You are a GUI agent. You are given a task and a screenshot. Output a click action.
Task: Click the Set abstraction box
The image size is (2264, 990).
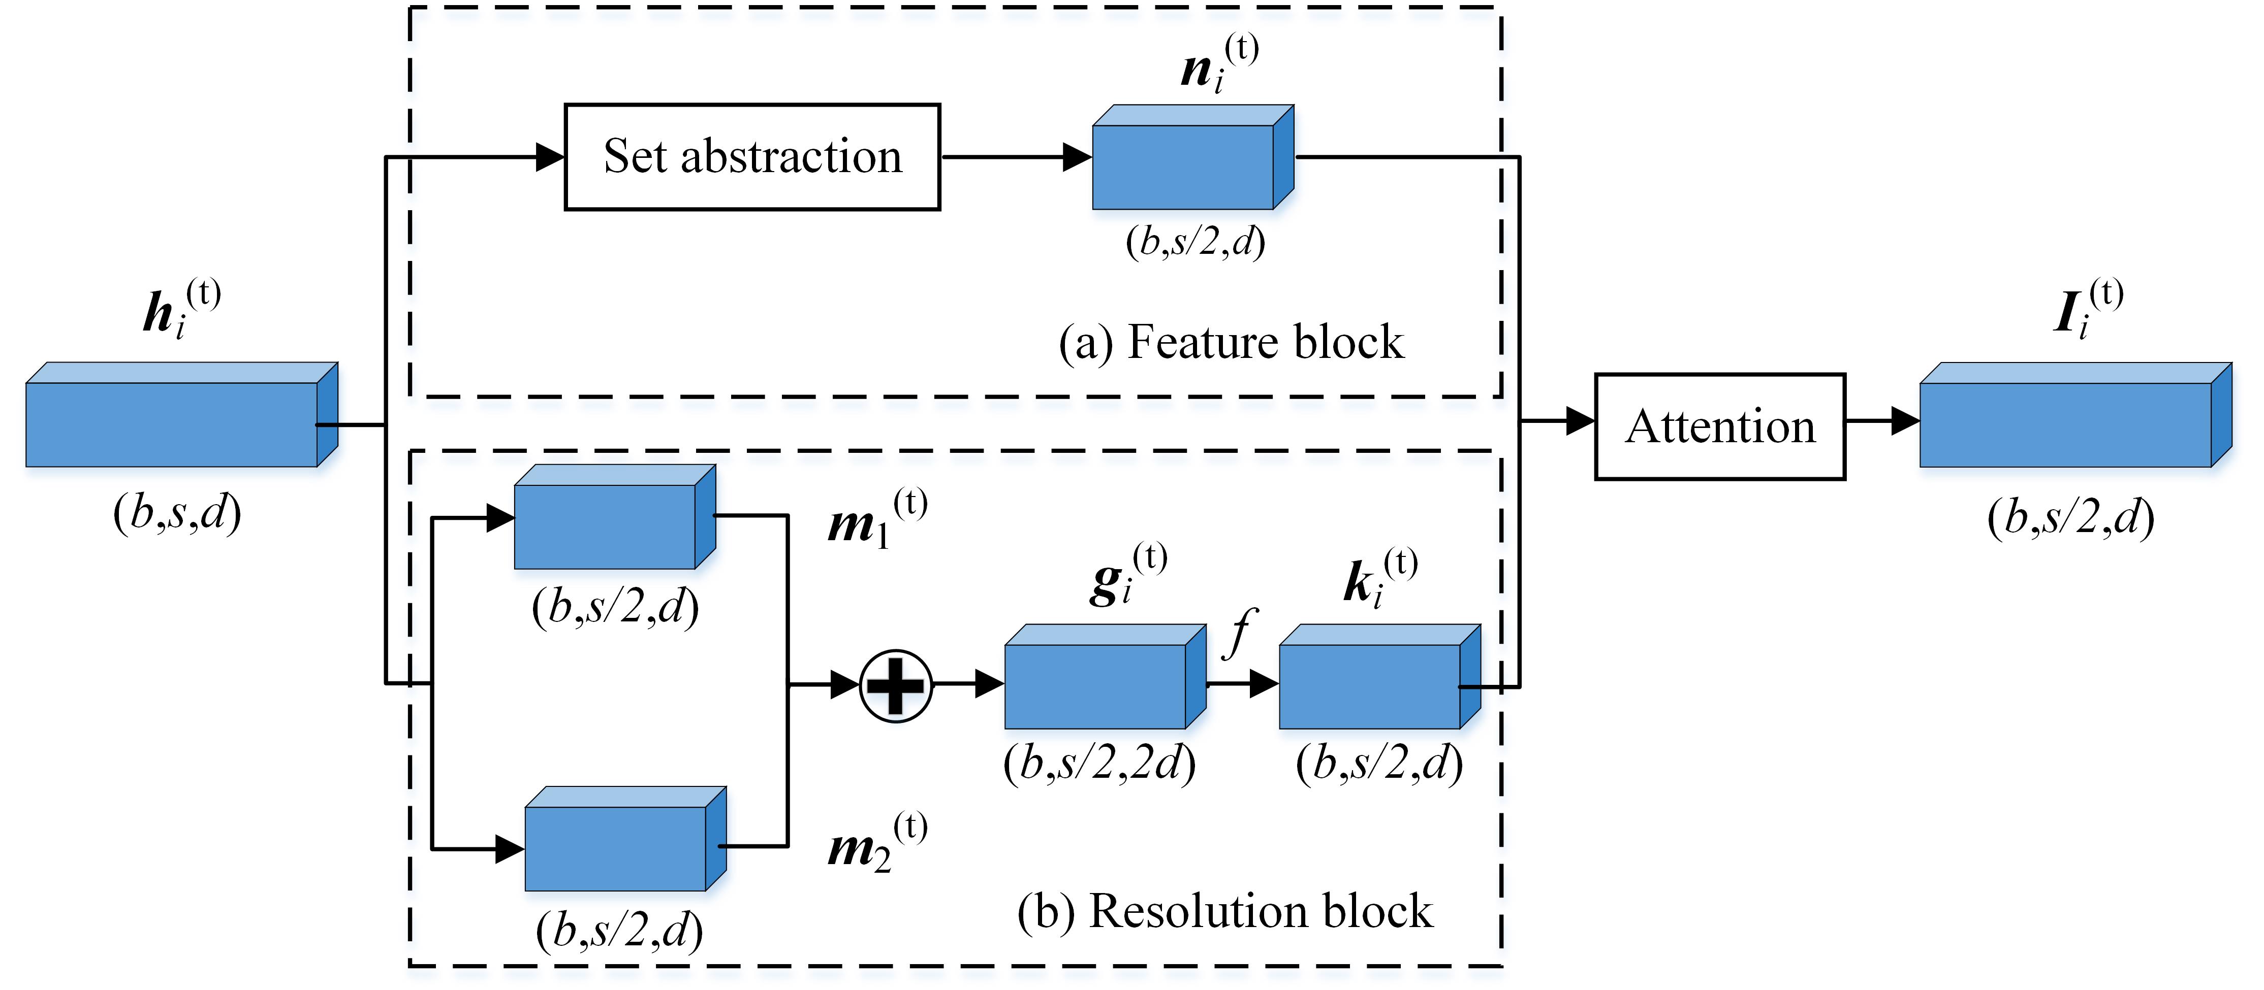click(752, 157)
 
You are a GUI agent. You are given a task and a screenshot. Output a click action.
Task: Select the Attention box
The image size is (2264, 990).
click(1719, 427)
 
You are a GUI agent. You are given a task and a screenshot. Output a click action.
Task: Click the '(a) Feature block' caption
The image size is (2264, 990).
click(1231, 343)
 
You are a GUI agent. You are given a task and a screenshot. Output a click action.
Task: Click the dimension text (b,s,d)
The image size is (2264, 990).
click(177, 512)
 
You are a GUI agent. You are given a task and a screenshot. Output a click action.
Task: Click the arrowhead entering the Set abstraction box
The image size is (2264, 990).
click(550, 158)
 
